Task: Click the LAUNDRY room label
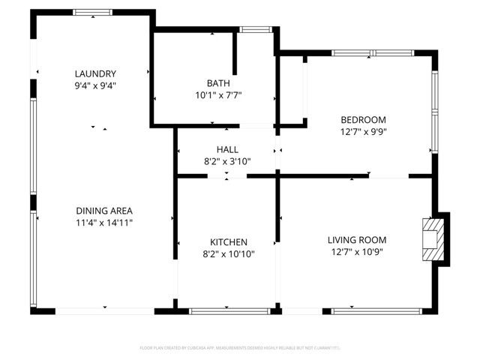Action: click(95, 73)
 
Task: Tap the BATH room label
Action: click(218, 83)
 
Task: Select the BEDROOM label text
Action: click(363, 120)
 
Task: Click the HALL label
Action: click(227, 150)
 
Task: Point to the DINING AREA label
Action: click(104, 211)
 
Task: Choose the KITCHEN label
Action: click(229, 242)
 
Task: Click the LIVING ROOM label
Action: click(357, 240)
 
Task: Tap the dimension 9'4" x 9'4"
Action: click(95, 85)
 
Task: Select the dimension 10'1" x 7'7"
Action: click(218, 95)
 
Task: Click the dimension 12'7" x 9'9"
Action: click(363, 131)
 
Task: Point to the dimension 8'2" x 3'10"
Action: click(227, 161)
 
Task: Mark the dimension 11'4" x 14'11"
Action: click(104, 223)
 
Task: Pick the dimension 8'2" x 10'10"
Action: click(229, 254)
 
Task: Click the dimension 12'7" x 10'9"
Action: click(357, 252)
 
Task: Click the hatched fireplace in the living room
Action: click(433, 238)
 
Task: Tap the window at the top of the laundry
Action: click(93, 12)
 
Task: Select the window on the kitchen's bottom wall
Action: click(224, 310)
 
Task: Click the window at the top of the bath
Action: click(255, 30)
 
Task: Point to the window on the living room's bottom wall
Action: click(375, 310)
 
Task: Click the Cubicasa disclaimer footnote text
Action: click(240, 348)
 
